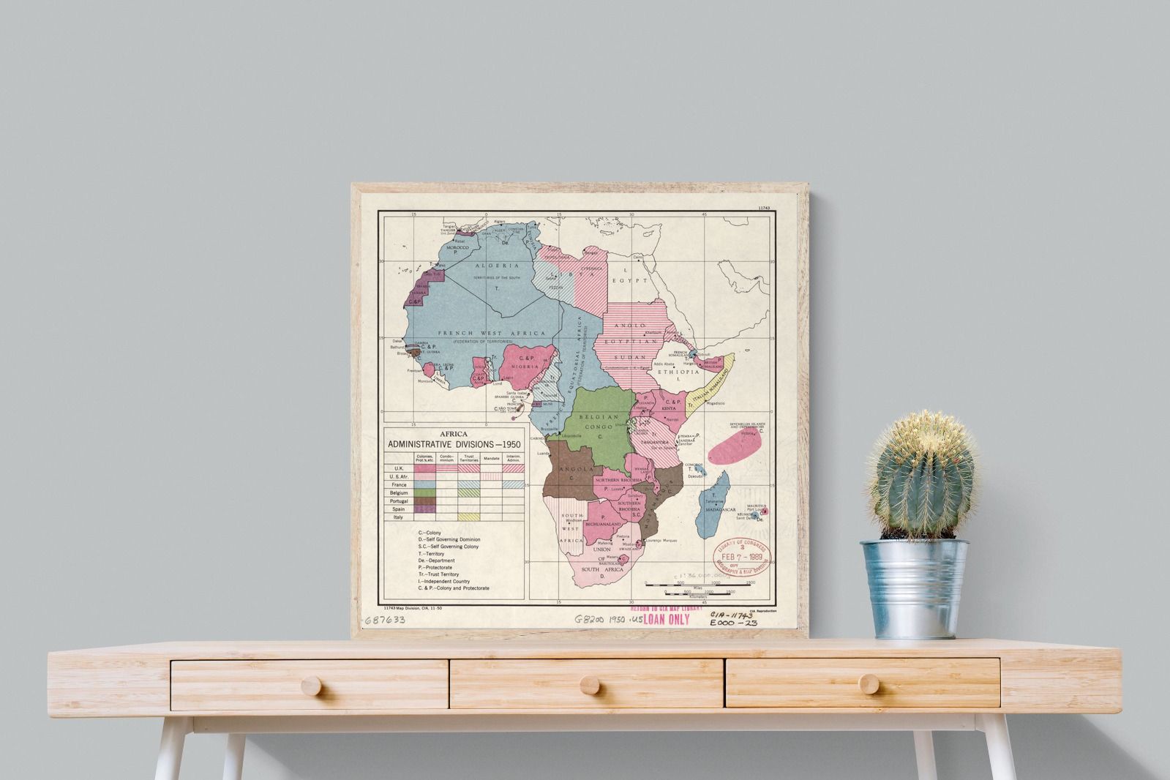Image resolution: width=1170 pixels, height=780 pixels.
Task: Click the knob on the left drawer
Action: [x=310, y=686]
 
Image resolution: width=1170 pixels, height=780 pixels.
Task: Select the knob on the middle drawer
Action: [x=587, y=686]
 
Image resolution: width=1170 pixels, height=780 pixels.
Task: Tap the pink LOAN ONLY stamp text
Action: [x=666, y=620]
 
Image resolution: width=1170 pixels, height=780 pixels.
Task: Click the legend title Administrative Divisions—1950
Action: [x=454, y=444]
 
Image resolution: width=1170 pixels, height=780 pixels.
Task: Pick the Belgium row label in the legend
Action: [x=399, y=493]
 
